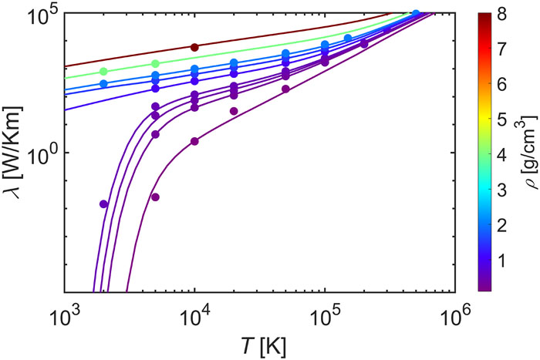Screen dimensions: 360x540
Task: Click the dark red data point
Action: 194,48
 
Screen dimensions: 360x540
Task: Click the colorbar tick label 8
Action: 501,14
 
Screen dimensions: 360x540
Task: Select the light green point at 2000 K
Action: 103,72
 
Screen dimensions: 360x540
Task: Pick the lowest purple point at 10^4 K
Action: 194,141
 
